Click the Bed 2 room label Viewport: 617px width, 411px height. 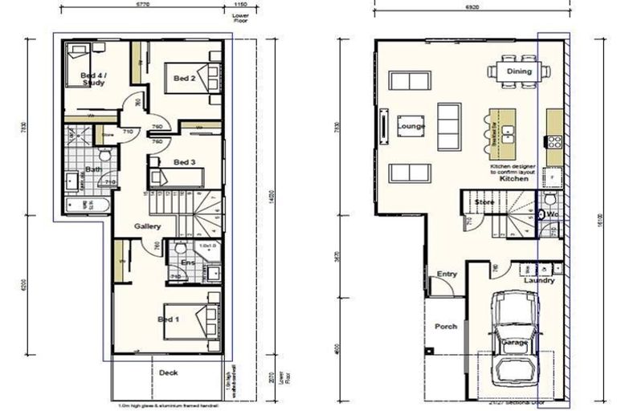click(x=183, y=79)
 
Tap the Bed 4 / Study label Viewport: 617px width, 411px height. click(x=94, y=79)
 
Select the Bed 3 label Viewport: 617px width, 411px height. click(x=185, y=161)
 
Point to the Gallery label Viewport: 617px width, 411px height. click(x=149, y=226)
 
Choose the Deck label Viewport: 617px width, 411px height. click(x=168, y=372)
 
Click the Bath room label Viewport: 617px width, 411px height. click(x=93, y=169)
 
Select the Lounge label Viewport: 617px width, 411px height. click(x=411, y=126)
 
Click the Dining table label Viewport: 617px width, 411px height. click(x=519, y=72)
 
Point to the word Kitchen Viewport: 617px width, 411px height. click(x=514, y=178)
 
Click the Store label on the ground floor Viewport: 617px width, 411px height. click(x=484, y=202)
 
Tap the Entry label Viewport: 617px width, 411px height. click(x=447, y=274)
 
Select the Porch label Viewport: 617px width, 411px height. click(x=446, y=326)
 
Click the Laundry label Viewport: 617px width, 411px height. click(x=540, y=280)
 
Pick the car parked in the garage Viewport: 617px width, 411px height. click(x=515, y=337)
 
